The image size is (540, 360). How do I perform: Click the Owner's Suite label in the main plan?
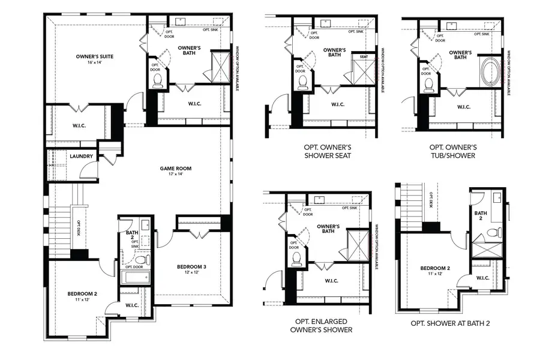pos(95,56)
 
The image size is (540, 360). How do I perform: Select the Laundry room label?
pos(81,157)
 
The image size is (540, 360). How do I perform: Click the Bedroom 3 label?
pos(191,266)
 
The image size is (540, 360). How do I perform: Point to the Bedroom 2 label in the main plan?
pos(82,293)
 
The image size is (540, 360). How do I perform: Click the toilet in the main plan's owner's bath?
pos(158,80)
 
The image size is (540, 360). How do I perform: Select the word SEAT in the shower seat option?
pos(363,57)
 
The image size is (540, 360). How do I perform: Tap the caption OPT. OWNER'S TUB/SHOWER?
pos(453,151)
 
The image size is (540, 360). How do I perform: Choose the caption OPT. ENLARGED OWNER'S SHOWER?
pos(320,325)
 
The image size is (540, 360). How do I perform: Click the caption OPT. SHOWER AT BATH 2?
pos(450,323)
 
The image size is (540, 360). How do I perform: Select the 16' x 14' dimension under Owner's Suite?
pos(95,63)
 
